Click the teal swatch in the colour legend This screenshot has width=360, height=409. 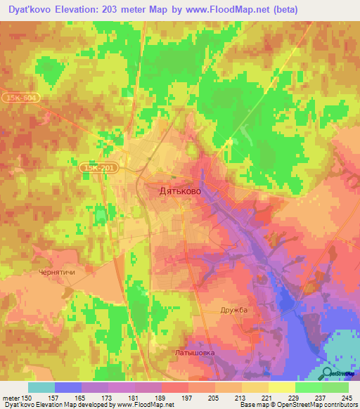click(x=41, y=387)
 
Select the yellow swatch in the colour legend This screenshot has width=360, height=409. click(x=281, y=387)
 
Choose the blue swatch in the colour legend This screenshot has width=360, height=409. click(x=68, y=387)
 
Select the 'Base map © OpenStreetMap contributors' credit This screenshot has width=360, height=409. click(x=298, y=405)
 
